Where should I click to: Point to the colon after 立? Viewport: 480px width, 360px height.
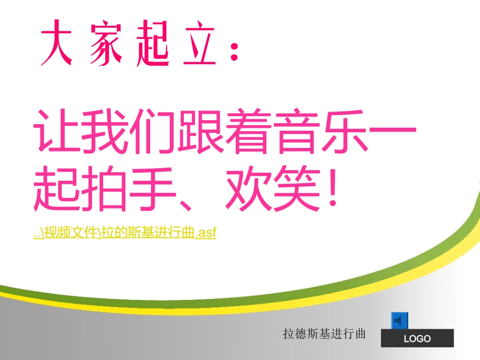point(233,50)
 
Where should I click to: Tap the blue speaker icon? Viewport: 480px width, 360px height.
point(400,320)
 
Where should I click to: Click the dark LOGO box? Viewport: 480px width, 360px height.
point(417,338)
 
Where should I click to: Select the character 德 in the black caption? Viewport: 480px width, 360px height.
point(301,334)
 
